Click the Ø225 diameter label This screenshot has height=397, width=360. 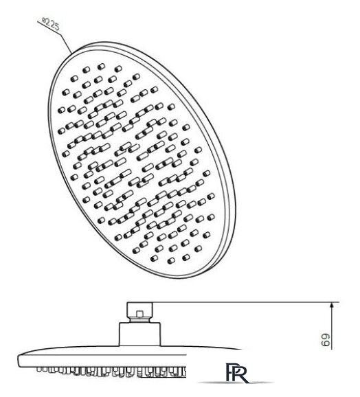51,24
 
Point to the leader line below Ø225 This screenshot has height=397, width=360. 54,37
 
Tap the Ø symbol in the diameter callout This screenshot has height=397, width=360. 44,20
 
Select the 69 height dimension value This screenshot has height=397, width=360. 326,340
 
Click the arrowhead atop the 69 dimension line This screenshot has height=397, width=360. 332,306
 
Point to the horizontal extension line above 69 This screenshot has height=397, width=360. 245,302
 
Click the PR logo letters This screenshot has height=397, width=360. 236,372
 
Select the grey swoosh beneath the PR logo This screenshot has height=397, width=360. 236,383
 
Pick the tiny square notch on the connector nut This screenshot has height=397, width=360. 139,314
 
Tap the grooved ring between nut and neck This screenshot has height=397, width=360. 139,320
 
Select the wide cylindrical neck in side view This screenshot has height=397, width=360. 140,334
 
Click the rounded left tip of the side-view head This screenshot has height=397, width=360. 19,359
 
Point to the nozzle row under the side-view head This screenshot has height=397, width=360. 111,371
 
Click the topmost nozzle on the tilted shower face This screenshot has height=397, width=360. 101,67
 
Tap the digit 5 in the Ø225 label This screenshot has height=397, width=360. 57,27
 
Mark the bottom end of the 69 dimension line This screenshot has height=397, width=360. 332,350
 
